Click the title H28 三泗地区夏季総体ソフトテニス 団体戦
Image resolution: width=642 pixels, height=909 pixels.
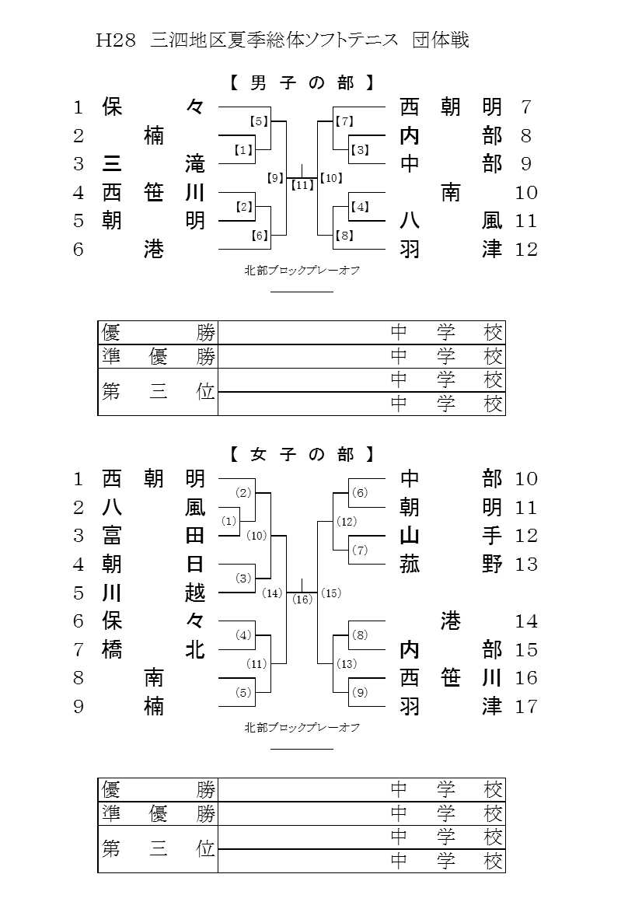[x=282, y=40]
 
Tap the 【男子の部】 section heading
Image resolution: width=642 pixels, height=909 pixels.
[x=303, y=82]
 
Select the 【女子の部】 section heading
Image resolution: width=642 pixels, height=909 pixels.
[x=303, y=454]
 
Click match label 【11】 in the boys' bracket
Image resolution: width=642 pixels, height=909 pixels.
[x=302, y=185]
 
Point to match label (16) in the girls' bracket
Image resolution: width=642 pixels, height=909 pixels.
[x=302, y=600]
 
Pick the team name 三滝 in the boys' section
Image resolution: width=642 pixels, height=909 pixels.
[x=153, y=164]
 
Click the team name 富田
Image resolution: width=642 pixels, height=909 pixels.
[x=153, y=536]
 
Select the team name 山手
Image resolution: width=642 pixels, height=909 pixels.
[x=451, y=536]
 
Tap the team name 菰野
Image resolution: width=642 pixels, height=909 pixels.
[x=451, y=565]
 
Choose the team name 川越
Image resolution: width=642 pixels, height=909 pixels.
[x=153, y=593]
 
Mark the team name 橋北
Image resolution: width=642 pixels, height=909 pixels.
[x=153, y=649]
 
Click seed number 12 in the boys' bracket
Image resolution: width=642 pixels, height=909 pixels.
[x=526, y=250]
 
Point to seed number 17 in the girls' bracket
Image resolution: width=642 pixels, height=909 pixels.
[x=526, y=707]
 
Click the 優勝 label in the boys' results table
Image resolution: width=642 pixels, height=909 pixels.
[x=158, y=333]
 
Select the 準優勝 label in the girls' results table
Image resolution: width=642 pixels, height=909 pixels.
[x=158, y=814]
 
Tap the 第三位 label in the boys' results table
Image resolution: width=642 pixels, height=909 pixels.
[x=158, y=392]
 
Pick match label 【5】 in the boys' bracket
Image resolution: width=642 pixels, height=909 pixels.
[x=258, y=121]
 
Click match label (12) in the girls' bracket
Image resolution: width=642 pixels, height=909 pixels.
[x=347, y=522]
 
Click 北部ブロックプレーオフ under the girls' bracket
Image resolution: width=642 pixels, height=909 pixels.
[x=302, y=728]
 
